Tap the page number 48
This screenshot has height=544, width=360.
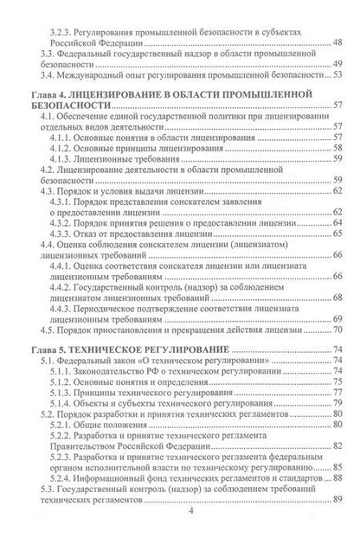pyautogui.click(x=337, y=42)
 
